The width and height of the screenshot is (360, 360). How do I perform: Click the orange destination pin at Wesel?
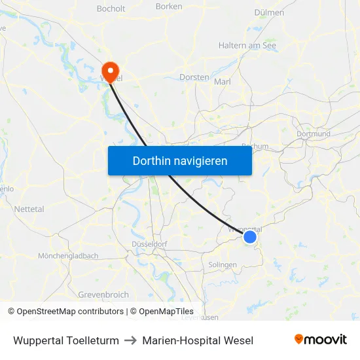110,71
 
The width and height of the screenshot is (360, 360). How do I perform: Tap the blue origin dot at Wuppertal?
250,237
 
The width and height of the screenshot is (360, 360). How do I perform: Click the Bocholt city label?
111,9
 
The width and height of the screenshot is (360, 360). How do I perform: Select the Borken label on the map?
169,7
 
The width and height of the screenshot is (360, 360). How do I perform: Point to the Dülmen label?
269,12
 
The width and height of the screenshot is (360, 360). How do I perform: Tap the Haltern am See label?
247,46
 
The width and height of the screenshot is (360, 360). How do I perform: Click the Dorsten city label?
194,77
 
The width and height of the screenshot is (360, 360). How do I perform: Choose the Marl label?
223,82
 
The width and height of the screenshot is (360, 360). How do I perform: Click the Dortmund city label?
314,134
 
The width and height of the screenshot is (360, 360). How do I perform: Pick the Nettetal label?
29,209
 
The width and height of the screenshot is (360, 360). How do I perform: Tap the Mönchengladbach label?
68,256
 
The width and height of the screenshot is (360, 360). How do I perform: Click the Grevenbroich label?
103,295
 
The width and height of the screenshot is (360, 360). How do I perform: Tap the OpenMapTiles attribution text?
166,312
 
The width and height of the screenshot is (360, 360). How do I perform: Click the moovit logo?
321,340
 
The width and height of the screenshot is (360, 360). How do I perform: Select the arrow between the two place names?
130,340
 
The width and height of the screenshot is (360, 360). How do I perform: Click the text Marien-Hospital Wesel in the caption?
198,340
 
